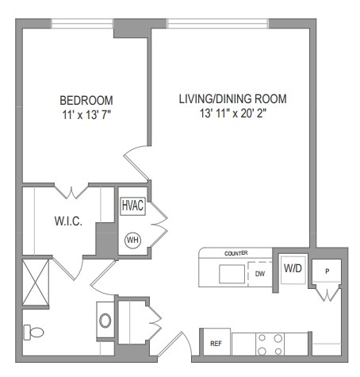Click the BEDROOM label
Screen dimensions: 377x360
86,101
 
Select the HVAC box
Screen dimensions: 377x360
132,205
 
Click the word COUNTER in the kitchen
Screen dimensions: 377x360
236,253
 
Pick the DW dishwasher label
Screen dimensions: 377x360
259,275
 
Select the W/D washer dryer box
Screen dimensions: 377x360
293,268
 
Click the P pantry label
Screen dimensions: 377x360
327,270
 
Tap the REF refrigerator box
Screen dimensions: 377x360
215,343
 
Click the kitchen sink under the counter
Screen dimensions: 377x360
232,274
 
